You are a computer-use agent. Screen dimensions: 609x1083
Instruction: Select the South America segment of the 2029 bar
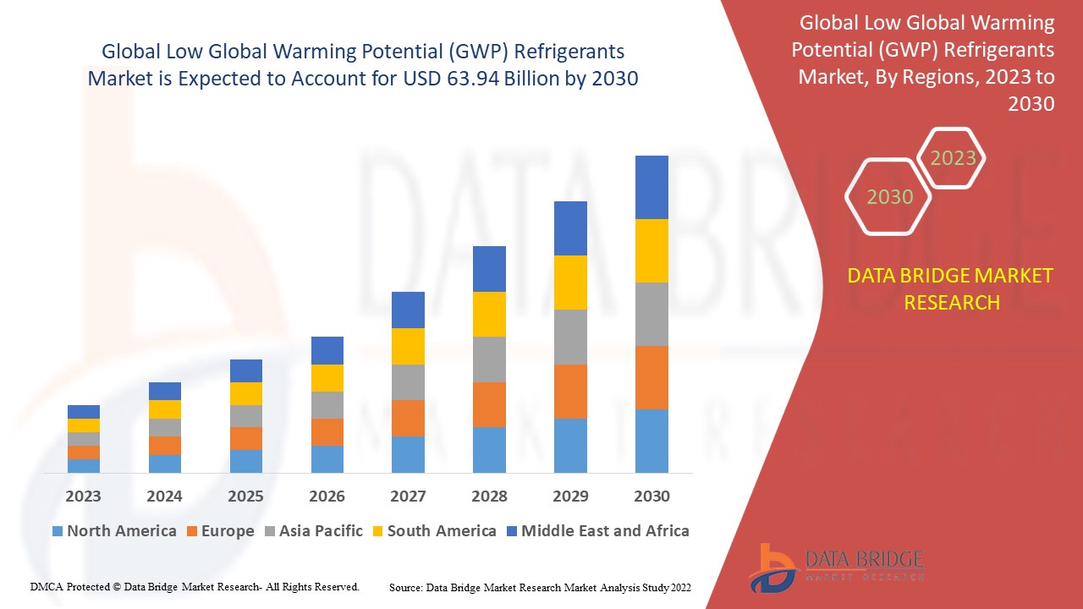[x=570, y=283]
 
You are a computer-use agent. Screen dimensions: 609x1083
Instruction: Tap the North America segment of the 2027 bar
[x=408, y=454]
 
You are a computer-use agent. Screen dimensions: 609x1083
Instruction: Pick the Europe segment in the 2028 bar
[x=489, y=404]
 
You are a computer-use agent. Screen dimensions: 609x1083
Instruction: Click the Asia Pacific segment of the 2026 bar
[x=327, y=405]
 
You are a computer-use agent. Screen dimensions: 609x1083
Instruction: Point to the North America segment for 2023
[x=84, y=465]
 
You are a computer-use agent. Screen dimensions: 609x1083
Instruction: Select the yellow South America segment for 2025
[x=246, y=393]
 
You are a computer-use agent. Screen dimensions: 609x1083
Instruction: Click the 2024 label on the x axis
[x=164, y=497]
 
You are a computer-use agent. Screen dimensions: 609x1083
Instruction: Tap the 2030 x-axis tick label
[x=651, y=497]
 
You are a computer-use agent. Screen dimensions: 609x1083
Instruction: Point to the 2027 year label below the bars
[x=408, y=497]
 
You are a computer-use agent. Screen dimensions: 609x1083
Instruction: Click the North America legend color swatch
[x=58, y=531]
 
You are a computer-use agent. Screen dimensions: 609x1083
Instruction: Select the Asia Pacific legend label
[x=320, y=531]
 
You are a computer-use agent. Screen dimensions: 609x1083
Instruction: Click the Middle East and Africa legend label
[x=605, y=531]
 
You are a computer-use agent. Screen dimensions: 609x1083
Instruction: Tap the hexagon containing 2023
[x=953, y=158]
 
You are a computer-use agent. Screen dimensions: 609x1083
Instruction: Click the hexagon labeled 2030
[x=889, y=197]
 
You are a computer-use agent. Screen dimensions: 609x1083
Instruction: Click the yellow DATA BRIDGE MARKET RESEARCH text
[x=951, y=288]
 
